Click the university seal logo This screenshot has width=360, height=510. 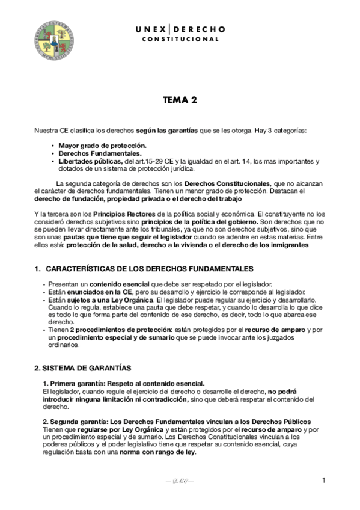(x=53, y=40)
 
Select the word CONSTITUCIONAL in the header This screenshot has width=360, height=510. (x=180, y=40)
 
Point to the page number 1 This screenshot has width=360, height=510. (x=323, y=480)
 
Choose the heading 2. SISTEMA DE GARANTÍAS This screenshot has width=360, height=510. (x=82, y=367)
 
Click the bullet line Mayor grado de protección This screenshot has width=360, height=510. (x=102, y=146)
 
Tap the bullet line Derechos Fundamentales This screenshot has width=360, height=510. (x=99, y=153)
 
